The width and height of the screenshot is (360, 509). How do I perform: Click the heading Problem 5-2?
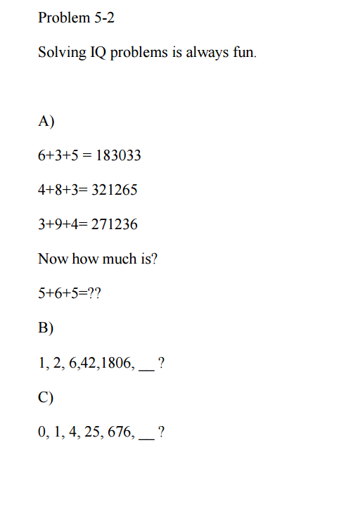click(x=76, y=18)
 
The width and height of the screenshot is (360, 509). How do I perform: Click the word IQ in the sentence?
click(x=97, y=53)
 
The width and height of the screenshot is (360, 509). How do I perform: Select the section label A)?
click(x=46, y=122)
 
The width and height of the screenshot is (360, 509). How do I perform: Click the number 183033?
click(x=117, y=155)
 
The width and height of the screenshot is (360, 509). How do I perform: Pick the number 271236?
click(x=114, y=225)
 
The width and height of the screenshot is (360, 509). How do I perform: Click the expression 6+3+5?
click(x=59, y=155)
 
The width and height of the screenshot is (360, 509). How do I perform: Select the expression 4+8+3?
click(x=59, y=190)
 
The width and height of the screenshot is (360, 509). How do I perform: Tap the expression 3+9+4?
click(x=59, y=225)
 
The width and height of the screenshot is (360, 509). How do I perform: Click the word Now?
click(x=52, y=259)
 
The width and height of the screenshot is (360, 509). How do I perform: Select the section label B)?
click(x=46, y=328)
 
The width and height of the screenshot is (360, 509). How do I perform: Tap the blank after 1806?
click(x=146, y=366)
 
